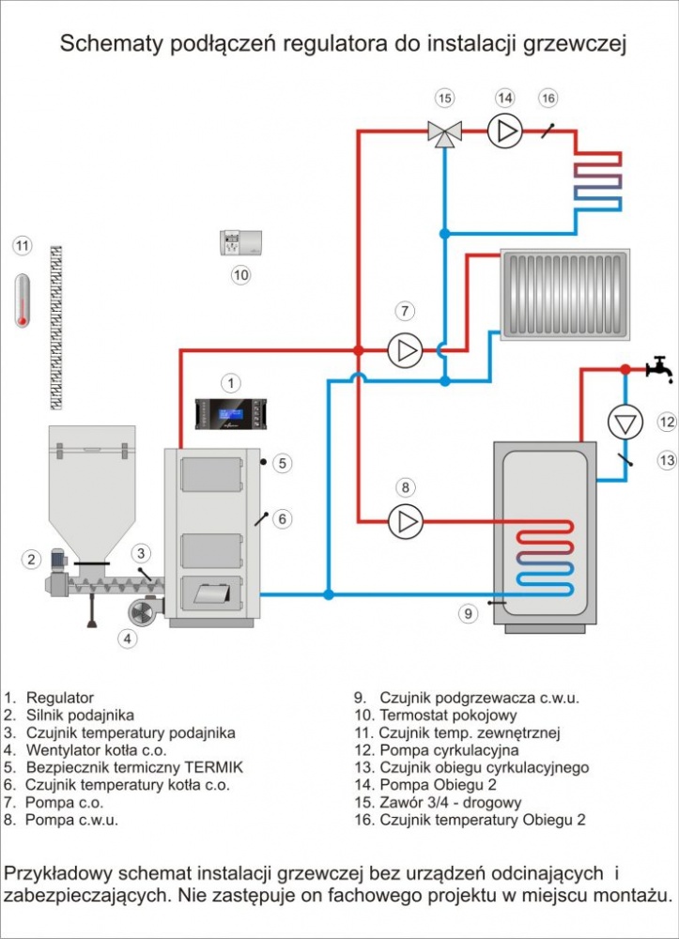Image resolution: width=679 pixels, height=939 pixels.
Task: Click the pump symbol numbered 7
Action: (406, 350)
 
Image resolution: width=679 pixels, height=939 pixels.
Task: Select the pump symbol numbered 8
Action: (406, 521)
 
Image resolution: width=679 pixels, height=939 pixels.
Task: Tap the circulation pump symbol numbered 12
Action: (625, 423)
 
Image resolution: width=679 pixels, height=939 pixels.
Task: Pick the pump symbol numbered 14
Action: (504, 131)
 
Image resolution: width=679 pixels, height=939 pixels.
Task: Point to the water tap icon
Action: (660, 369)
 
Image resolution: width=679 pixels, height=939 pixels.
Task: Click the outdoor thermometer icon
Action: (23, 300)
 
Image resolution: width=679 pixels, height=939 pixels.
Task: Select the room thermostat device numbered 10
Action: (240, 242)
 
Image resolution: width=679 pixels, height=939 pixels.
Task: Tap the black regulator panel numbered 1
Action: (230, 414)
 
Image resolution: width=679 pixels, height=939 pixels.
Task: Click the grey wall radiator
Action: (564, 295)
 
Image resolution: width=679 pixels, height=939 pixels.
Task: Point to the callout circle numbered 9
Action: (469, 613)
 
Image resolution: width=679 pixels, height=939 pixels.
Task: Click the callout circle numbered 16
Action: (548, 99)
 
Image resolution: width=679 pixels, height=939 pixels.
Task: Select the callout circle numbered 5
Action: (283, 463)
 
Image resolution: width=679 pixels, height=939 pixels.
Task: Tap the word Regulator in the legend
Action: (60, 698)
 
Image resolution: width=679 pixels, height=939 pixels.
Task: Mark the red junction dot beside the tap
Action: (625, 369)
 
